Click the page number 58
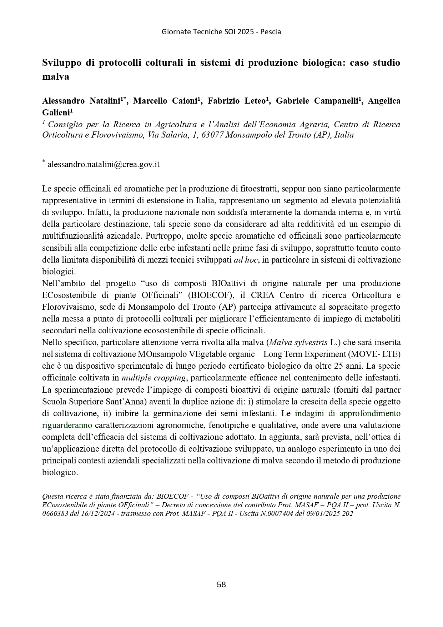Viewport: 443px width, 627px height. click(221, 584)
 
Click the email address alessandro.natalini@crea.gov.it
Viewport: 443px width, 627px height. click(103, 164)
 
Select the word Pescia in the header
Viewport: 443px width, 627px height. click(271, 32)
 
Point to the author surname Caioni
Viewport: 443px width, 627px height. click(183, 101)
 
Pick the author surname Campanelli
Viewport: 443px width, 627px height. click(336, 101)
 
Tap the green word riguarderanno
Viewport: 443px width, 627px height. click(67, 425)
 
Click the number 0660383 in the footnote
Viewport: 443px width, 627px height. click(55, 514)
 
